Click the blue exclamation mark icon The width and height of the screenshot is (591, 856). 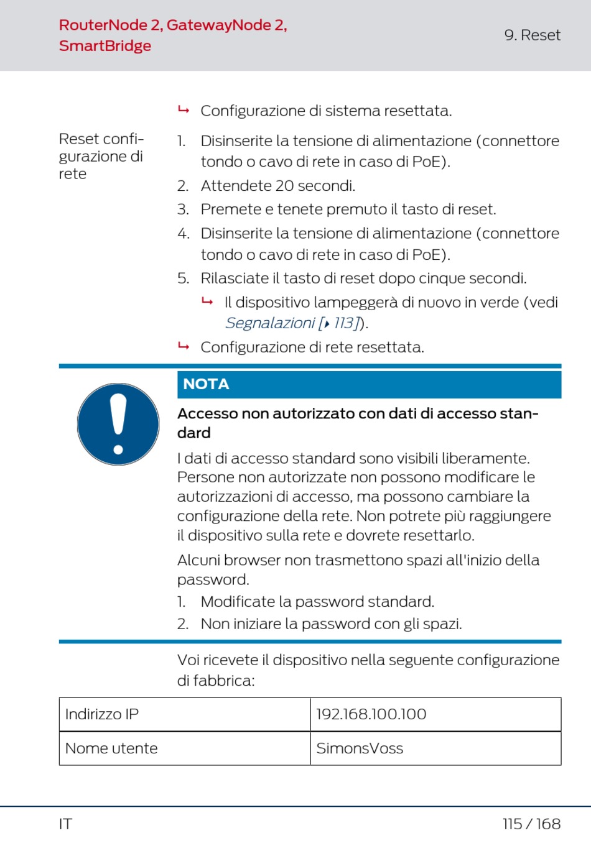118,424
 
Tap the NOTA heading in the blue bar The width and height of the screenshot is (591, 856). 206,384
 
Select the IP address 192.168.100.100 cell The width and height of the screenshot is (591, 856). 371,714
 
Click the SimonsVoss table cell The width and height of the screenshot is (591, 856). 360,748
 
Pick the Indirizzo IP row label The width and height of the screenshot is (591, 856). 102,714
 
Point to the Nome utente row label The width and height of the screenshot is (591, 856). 111,748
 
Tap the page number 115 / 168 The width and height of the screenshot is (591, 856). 531,824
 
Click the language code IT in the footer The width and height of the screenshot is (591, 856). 65,824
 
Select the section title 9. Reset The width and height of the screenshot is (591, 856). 532,35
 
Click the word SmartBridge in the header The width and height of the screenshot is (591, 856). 105,46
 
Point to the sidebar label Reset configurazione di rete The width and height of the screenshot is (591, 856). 101,156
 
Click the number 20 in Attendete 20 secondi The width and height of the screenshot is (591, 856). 284,186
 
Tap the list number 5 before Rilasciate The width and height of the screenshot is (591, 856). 182,278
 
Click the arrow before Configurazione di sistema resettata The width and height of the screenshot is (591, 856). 184,110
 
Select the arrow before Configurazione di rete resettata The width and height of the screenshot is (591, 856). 184,346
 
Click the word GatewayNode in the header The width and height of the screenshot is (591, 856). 218,25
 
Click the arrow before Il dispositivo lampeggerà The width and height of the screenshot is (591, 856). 207,301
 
